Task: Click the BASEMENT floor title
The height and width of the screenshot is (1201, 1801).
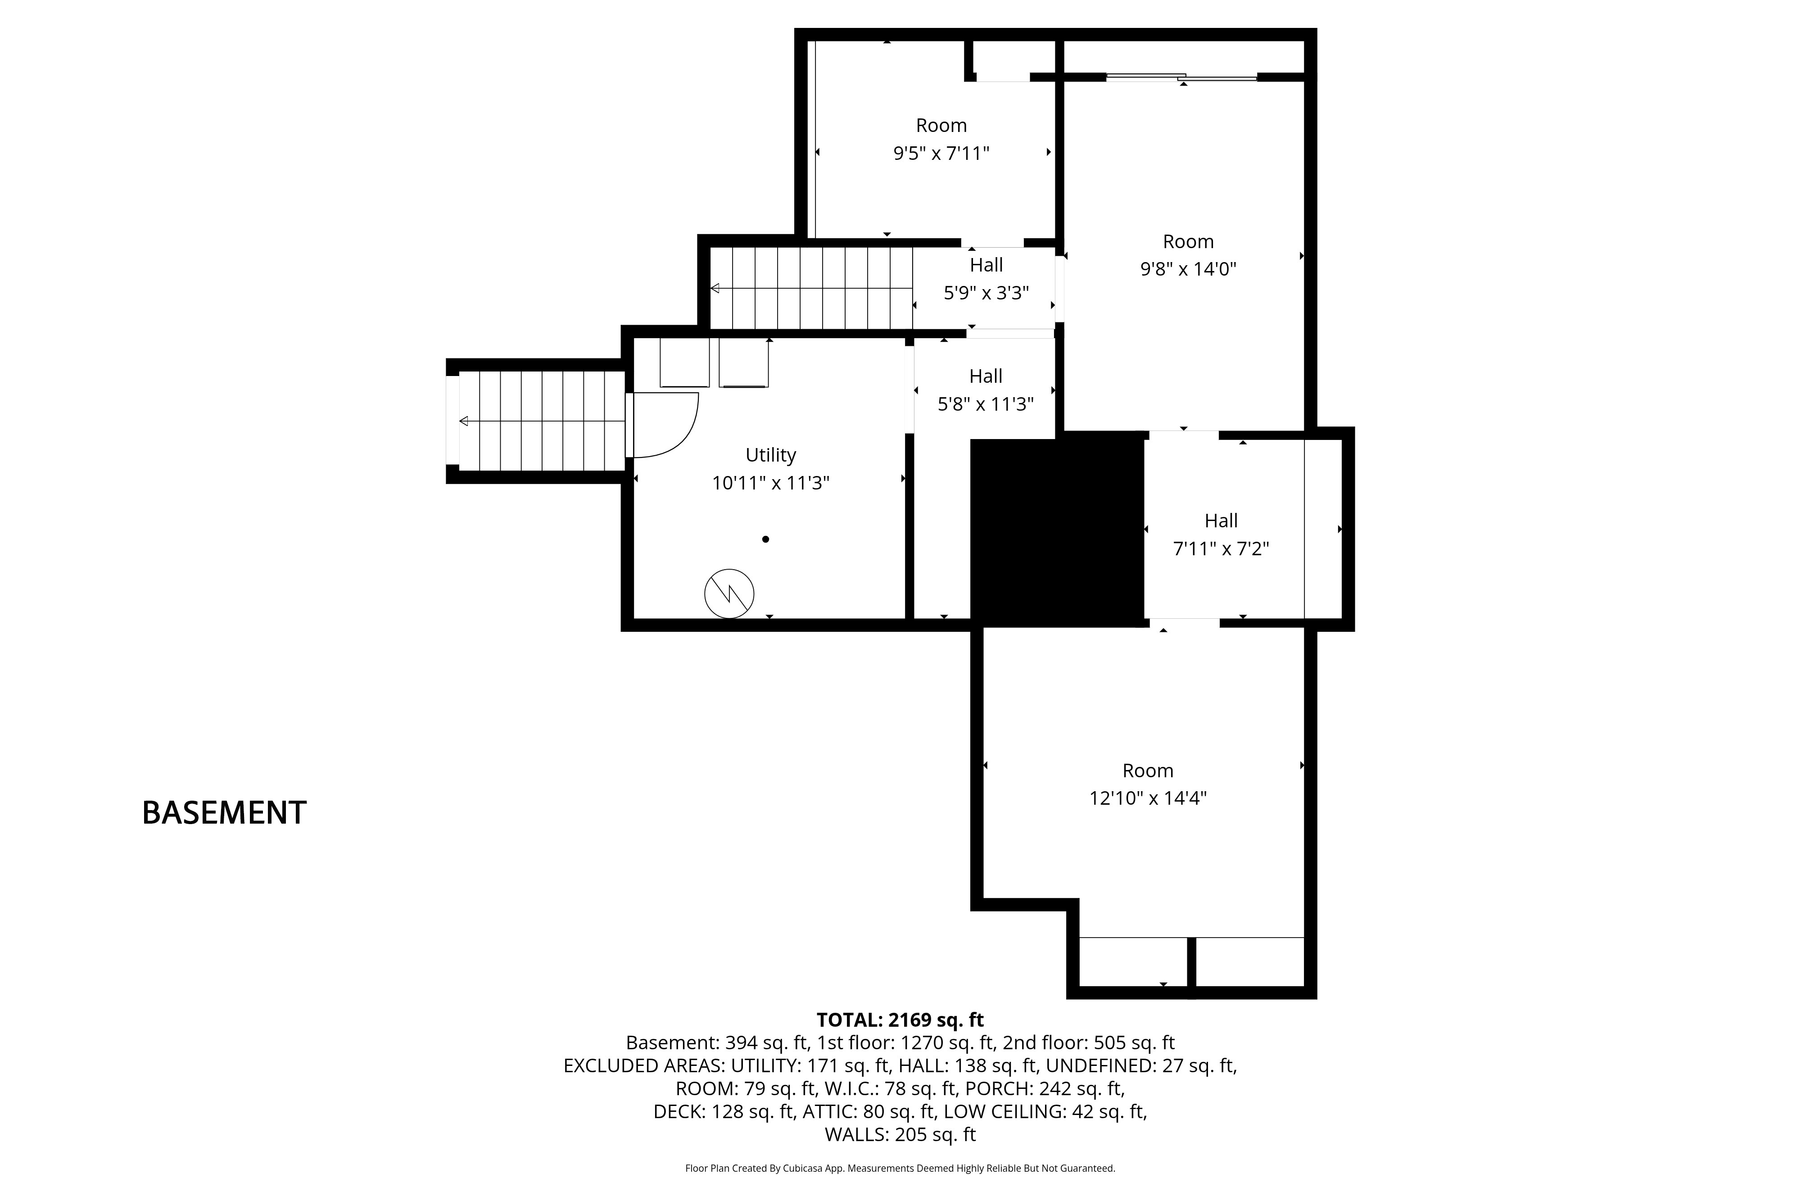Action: tap(224, 813)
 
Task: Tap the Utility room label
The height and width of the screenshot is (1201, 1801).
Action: tap(770, 455)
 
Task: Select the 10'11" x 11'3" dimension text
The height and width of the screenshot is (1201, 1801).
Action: tap(770, 483)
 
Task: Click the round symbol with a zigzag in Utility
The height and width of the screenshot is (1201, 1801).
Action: tap(729, 594)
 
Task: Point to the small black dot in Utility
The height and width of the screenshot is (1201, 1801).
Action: tap(765, 539)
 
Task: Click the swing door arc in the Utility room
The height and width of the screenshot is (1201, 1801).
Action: tap(674, 437)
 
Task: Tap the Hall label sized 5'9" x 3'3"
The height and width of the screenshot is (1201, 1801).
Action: tap(986, 265)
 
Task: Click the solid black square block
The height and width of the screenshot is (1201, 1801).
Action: tap(1057, 532)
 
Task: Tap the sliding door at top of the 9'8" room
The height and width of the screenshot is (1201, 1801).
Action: tap(1181, 77)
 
